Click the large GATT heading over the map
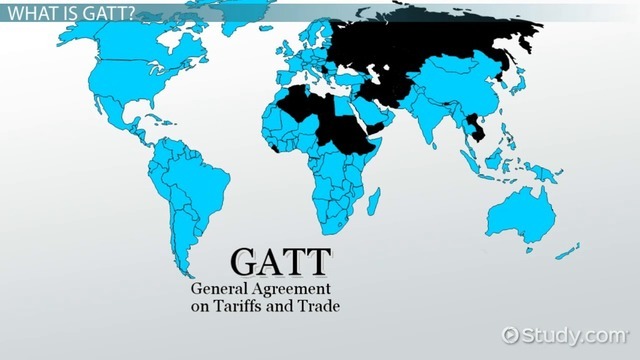tap(280, 261)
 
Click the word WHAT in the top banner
tap(33, 13)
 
